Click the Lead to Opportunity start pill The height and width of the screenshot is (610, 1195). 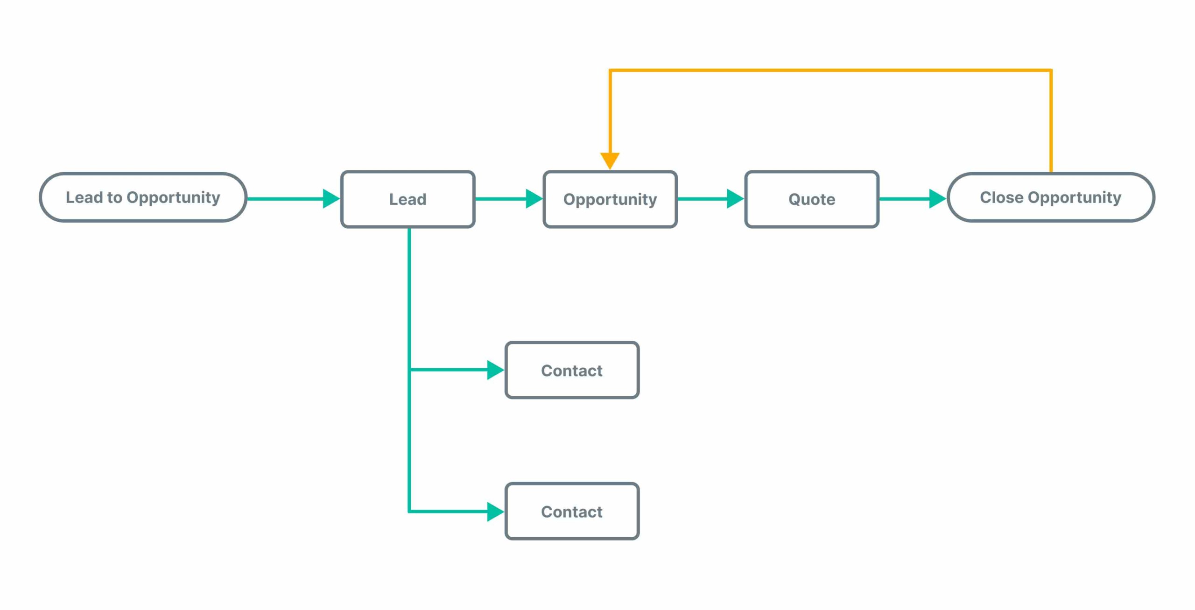143,197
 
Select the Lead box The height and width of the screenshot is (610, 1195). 408,199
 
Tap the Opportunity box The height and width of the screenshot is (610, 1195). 610,199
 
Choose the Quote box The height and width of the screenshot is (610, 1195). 811,199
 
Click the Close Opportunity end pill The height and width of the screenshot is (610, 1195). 1050,197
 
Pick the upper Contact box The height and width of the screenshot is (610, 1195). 571,370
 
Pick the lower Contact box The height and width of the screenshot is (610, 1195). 571,512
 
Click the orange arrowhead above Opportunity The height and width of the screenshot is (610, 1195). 610,160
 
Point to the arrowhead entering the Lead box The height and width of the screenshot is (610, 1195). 330,199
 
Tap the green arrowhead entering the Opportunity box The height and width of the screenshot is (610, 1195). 533,199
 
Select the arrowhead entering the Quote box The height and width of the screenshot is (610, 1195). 735,199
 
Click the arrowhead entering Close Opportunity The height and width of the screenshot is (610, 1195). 937,199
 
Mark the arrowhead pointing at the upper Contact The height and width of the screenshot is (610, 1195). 495,370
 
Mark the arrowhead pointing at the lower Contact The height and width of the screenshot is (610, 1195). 495,512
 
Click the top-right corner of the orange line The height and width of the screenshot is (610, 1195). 1050,70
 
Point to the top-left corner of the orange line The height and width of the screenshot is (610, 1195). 610,70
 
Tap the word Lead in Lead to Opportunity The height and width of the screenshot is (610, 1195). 84,197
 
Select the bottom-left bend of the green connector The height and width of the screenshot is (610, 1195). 409,512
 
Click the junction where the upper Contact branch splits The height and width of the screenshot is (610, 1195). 409,370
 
